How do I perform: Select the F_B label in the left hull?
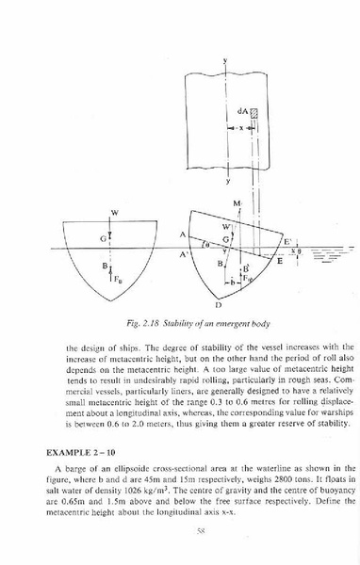(117, 276)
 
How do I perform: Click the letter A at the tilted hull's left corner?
(182, 234)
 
